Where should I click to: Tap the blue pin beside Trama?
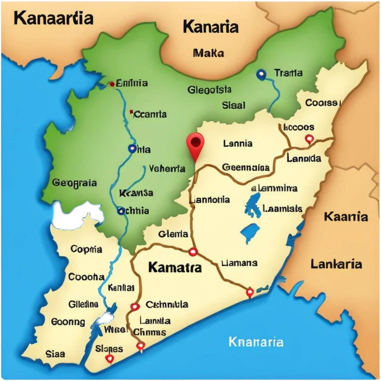pyautogui.click(x=261, y=75)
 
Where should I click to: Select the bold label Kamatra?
pyautogui.click(x=174, y=268)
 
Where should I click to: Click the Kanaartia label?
pyautogui.click(x=53, y=18)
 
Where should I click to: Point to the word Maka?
pyautogui.click(x=208, y=53)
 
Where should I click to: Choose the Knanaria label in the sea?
pyautogui.click(x=256, y=342)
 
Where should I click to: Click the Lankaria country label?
pyautogui.click(x=336, y=264)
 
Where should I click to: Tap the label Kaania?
pyautogui.click(x=346, y=216)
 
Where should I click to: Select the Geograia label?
pyautogui.click(x=75, y=183)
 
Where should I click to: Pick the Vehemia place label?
pyautogui.click(x=167, y=169)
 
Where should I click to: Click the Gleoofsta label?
pyautogui.click(x=210, y=90)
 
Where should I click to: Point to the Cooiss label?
pyautogui.click(x=321, y=102)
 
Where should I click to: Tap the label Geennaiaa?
pyautogui.click(x=246, y=168)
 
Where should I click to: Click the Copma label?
pyautogui.click(x=86, y=249)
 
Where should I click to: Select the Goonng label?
pyautogui.click(x=68, y=322)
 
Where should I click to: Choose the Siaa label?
pyautogui.click(x=55, y=354)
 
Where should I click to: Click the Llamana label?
pyautogui.click(x=239, y=263)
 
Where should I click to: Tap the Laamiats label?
pyautogui.click(x=282, y=209)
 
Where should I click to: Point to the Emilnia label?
pyautogui.click(x=131, y=83)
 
